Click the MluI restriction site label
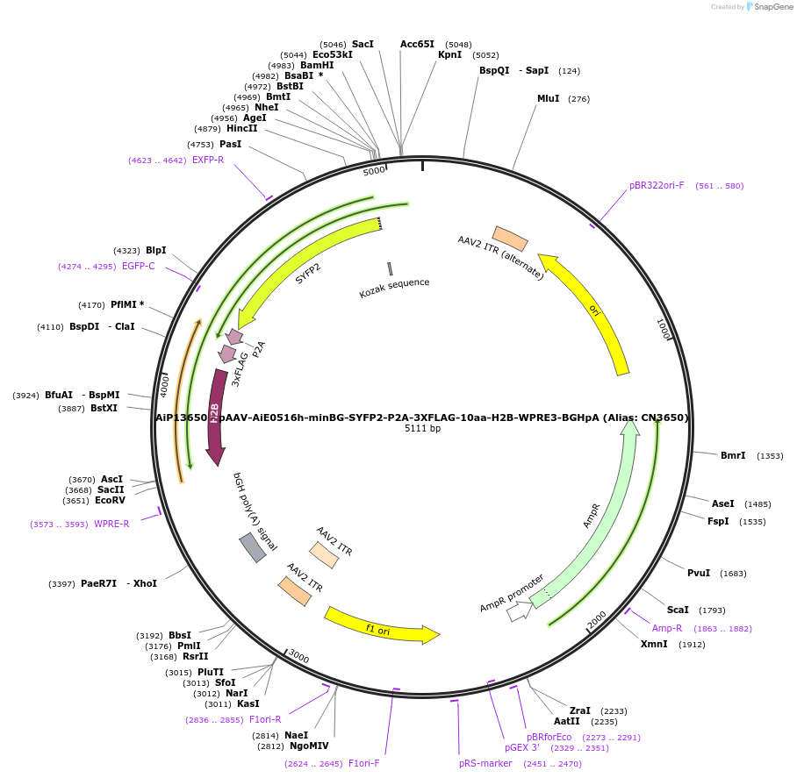pos(548,99)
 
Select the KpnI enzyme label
pos(449,54)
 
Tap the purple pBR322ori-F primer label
pos(656,186)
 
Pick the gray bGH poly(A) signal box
pos(252,547)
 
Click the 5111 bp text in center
pos(422,429)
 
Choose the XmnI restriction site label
pos(654,644)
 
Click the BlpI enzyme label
pos(155,251)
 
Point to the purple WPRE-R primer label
pos(111,524)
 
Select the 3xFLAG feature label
pos(240,369)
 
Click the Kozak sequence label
pos(394,288)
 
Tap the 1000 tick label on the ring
pos(664,330)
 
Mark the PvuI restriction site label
pos(699,574)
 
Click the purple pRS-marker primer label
pos(485,764)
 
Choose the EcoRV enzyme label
pos(111,501)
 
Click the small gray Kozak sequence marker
pos(390,268)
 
